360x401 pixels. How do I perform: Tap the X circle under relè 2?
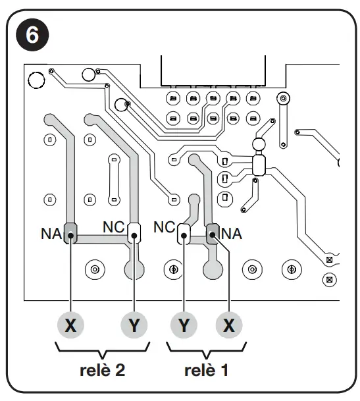click(70, 325)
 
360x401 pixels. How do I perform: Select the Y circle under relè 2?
click(134, 325)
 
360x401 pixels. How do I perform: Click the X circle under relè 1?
click(228, 325)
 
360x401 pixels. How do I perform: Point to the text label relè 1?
click(206, 370)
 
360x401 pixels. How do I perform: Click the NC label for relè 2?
click(114, 227)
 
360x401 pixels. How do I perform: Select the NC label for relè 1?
click(164, 227)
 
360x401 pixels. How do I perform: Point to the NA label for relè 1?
click(232, 232)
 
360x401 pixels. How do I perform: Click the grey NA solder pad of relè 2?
click(70, 232)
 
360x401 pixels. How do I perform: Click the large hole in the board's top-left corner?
click(37, 80)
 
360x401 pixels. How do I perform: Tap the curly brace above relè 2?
click(102, 347)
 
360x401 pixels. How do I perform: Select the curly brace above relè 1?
click(206, 347)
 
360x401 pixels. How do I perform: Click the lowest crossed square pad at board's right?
click(330, 279)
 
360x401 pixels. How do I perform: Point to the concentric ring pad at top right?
click(283, 99)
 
